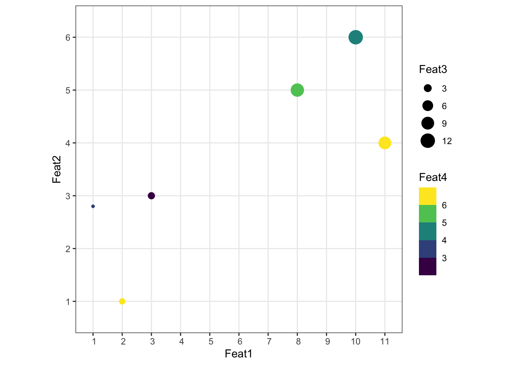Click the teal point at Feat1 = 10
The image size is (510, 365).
[x=356, y=37]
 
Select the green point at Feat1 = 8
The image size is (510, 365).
[x=297, y=90]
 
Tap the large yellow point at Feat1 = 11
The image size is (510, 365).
[x=385, y=143]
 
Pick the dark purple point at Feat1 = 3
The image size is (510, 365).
[x=151, y=196]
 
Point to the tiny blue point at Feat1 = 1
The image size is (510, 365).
[x=93, y=206]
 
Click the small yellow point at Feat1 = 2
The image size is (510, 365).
[x=122, y=302]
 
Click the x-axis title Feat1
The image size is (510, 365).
[x=238, y=354]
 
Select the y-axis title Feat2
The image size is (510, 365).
[x=57, y=170]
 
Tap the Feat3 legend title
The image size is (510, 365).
[x=433, y=70]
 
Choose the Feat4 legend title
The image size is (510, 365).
[x=433, y=177]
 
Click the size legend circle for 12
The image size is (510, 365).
[x=428, y=141]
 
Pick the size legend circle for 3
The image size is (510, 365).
[x=428, y=89]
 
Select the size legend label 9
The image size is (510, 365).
[x=444, y=124]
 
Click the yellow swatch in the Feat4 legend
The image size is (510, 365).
[x=428, y=196]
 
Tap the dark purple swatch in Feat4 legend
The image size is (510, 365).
[x=428, y=266]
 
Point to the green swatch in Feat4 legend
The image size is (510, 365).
[x=428, y=214]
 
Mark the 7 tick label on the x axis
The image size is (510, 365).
[x=268, y=341]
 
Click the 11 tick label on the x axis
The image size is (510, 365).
[x=385, y=341]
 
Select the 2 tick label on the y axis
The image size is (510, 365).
[x=68, y=249]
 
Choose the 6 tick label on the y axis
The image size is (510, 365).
[x=68, y=37]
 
